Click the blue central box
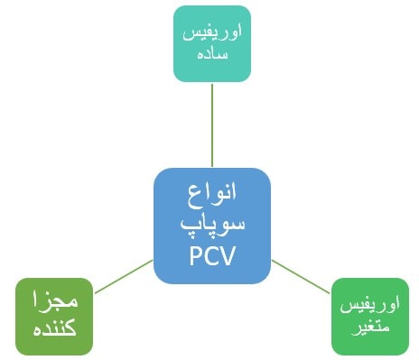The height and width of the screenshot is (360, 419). [x=212, y=226]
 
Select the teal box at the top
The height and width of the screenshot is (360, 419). [x=212, y=42]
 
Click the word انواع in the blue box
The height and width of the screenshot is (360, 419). [x=213, y=194]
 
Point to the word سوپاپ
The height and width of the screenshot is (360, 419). [x=213, y=224]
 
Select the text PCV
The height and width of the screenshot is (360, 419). [x=213, y=255]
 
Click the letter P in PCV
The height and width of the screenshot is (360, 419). [x=196, y=255]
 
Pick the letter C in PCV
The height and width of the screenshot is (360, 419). [x=212, y=255]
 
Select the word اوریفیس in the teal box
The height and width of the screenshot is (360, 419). [x=212, y=32]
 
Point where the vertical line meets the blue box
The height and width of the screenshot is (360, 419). [x=213, y=168]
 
